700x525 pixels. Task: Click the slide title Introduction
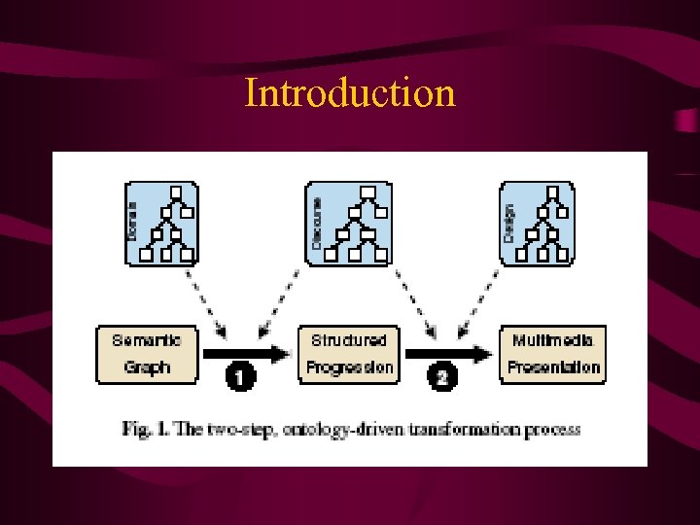pyautogui.click(x=350, y=93)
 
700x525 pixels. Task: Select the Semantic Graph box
pyautogui.click(x=147, y=354)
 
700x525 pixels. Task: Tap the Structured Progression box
pyautogui.click(x=349, y=354)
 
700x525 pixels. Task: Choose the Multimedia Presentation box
pyautogui.click(x=553, y=354)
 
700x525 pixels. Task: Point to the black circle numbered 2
pyautogui.click(x=442, y=375)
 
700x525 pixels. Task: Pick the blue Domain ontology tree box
pyautogui.click(x=160, y=224)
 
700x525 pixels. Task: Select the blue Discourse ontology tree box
pyautogui.click(x=347, y=224)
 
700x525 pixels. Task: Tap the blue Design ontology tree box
pyautogui.click(x=537, y=224)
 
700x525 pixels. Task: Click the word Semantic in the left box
pyautogui.click(x=147, y=340)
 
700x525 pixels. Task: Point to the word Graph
pyautogui.click(x=147, y=367)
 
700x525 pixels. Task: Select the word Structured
pyautogui.click(x=349, y=340)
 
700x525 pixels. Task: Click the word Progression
pyautogui.click(x=349, y=367)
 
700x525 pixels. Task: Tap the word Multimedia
pyautogui.click(x=552, y=340)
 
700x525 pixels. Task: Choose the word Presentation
pyautogui.click(x=553, y=367)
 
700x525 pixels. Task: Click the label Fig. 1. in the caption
pyautogui.click(x=145, y=429)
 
